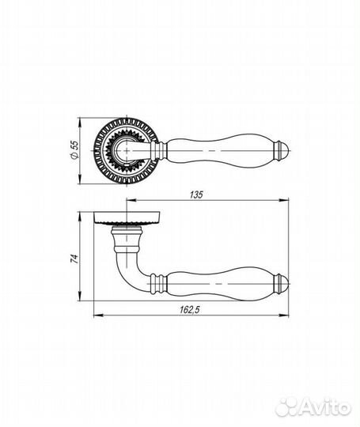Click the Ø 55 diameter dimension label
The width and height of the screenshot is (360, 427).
point(74,149)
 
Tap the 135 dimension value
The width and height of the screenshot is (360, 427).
point(196,195)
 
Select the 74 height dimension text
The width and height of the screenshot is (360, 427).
point(74,259)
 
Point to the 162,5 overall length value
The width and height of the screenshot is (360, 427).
point(190,310)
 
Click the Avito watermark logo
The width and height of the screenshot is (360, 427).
point(313,407)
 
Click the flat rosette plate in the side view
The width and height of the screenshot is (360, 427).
point(127,218)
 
